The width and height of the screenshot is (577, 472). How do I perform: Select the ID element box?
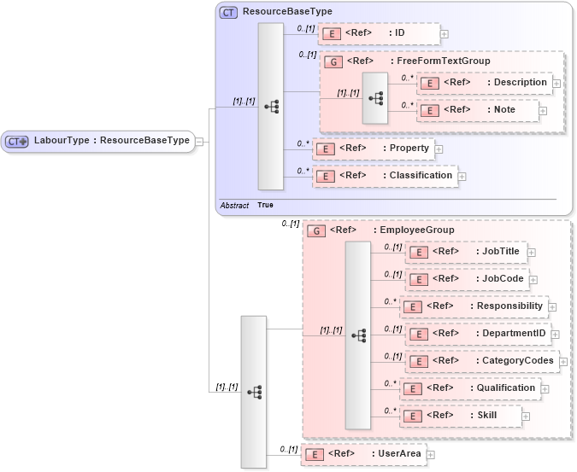tap(379, 33)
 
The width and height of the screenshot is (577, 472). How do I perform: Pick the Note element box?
tap(478, 110)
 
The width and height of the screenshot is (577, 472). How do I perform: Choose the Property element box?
tap(373, 149)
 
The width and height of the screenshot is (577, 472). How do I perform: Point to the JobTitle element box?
tap(466, 252)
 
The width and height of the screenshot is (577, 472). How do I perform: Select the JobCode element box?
tap(467, 279)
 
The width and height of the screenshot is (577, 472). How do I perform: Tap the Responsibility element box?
tap(473, 306)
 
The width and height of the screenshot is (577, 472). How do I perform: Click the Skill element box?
tap(461, 416)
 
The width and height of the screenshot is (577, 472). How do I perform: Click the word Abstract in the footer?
tap(234, 206)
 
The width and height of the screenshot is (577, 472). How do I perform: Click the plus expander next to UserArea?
tap(432, 455)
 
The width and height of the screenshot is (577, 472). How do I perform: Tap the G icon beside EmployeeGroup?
tap(315, 230)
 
